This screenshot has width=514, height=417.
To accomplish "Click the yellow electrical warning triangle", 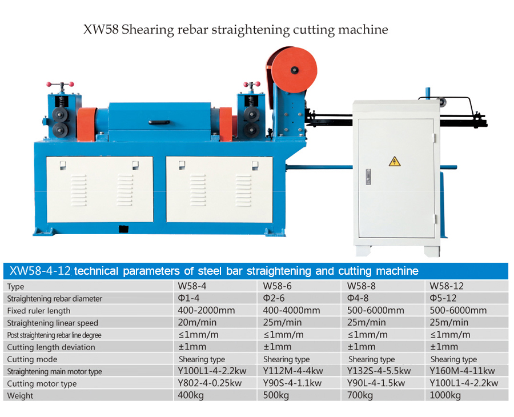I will pos(395,162).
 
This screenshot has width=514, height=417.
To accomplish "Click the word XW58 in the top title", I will pos(101,29).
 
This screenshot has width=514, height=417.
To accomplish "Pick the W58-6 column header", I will pos(278,286).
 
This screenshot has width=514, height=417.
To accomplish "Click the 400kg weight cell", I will pos(190,395).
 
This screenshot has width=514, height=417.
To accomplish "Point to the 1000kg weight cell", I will pos(446,395).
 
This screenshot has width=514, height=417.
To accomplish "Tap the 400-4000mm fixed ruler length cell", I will pos(291,311).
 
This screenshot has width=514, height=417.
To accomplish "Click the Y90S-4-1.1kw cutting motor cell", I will pos(292,383).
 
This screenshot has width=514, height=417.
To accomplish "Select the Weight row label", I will pos(20,395).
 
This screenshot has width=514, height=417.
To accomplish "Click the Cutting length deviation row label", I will pos(51,347).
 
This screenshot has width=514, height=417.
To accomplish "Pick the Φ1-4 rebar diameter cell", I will pos(188,298).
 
